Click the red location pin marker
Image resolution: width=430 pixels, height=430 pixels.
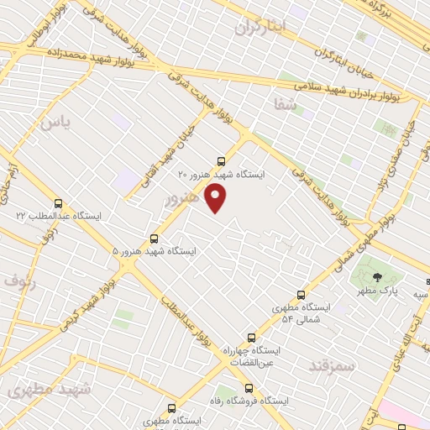[x=217, y=198]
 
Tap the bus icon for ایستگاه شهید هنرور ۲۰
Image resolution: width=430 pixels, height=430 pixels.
[x=221, y=160]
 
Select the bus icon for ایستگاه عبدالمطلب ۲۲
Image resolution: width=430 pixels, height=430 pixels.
[x=58, y=203]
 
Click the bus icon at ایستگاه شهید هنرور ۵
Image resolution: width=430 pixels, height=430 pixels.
[x=154, y=239]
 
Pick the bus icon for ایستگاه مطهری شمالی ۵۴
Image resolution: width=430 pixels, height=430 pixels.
[x=302, y=295]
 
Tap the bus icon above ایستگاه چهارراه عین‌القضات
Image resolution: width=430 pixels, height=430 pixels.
[x=251, y=338]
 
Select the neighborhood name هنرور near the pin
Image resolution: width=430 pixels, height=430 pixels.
[x=182, y=198]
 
